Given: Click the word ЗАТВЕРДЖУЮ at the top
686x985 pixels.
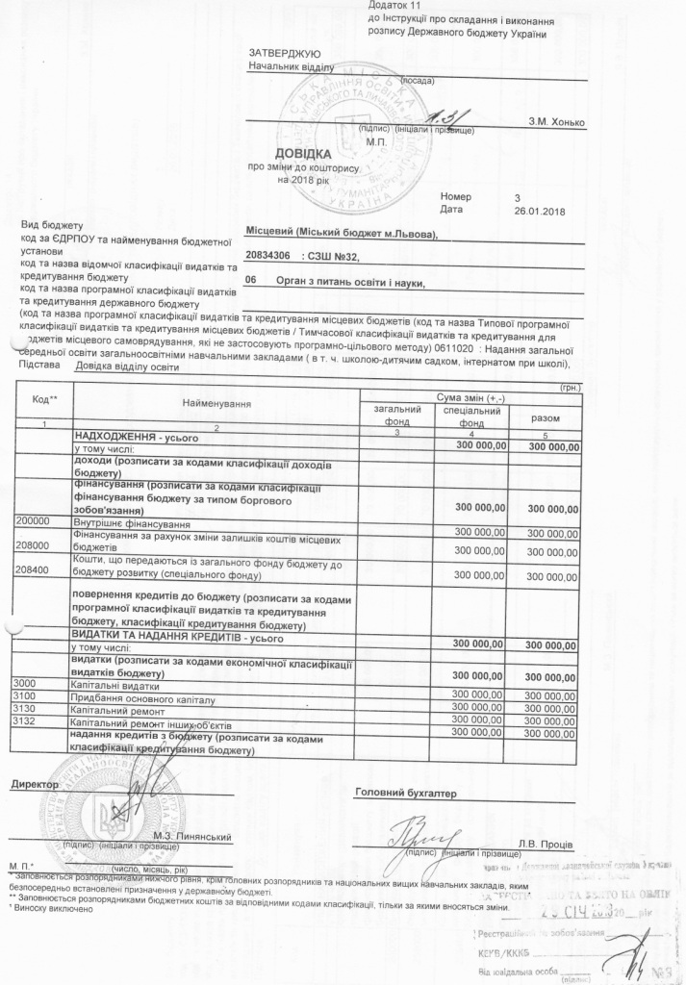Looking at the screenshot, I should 279,51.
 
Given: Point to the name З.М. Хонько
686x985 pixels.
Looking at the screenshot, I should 556,122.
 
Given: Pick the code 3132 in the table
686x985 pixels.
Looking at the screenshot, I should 22,721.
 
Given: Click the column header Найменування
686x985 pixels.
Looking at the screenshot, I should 215,404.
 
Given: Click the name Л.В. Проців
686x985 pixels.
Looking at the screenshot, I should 546,844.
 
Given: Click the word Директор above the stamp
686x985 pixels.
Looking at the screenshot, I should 36,785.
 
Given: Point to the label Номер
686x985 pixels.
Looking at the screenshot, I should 456,195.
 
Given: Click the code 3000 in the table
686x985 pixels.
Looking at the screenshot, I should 22,683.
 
